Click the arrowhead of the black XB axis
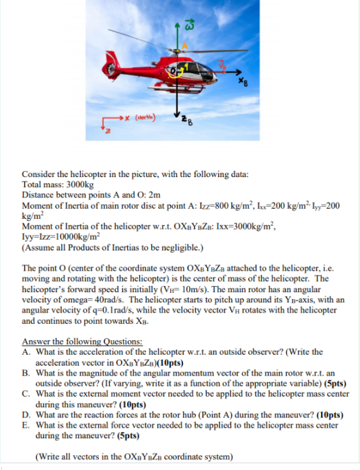pyautogui.click(x=239, y=71)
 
